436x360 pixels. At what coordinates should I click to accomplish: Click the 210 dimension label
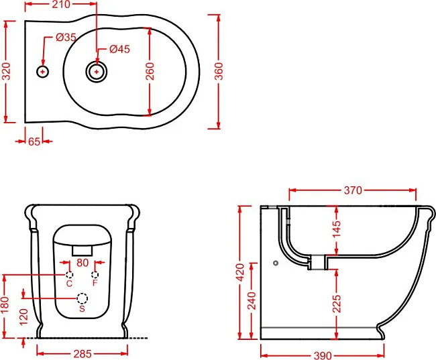61,4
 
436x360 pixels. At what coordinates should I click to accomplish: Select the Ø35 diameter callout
66,38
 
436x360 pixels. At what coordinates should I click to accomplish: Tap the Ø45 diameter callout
119,49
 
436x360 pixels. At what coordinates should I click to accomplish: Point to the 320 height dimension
6,71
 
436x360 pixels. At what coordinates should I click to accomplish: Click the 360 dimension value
219,71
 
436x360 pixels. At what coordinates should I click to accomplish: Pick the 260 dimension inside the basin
150,71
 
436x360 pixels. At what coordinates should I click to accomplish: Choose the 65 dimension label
34,141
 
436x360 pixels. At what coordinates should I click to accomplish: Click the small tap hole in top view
42,72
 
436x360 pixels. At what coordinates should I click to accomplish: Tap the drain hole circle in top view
96,72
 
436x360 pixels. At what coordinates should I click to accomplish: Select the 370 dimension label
353,190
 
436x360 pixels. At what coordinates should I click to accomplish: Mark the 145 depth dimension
337,229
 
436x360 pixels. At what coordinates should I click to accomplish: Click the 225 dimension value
337,304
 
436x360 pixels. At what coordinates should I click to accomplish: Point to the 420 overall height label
239,272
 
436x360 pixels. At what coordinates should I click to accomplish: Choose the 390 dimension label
323,355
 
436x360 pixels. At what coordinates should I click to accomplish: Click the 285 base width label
83,354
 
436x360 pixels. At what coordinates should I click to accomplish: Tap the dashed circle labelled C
70,275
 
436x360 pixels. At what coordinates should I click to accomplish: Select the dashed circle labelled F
95,275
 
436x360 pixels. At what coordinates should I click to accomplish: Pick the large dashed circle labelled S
82,298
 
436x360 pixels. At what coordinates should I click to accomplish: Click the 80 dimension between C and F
83,263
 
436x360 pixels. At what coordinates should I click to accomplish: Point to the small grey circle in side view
276,263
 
